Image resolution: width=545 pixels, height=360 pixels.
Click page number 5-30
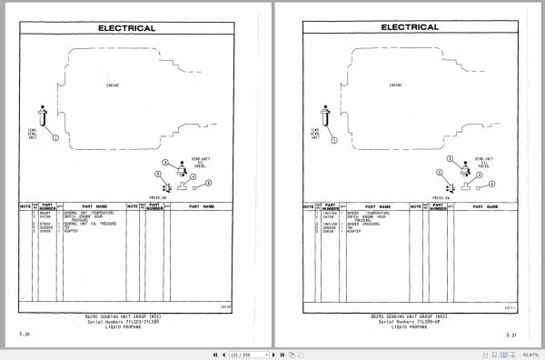coord(24,336)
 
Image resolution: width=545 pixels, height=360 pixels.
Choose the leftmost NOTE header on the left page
coord(26,206)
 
